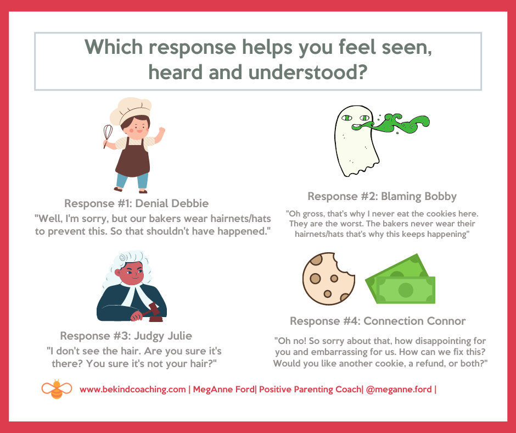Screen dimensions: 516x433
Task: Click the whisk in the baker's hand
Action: pyautogui.click(x=108, y=134)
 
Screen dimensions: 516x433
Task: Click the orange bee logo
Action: pyautogui.click(x=57, y=389)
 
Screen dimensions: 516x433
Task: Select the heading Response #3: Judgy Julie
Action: pyautogui.click(x=126, y=336)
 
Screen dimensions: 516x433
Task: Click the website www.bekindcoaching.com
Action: pyautogui.click(x=133, y=390)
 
